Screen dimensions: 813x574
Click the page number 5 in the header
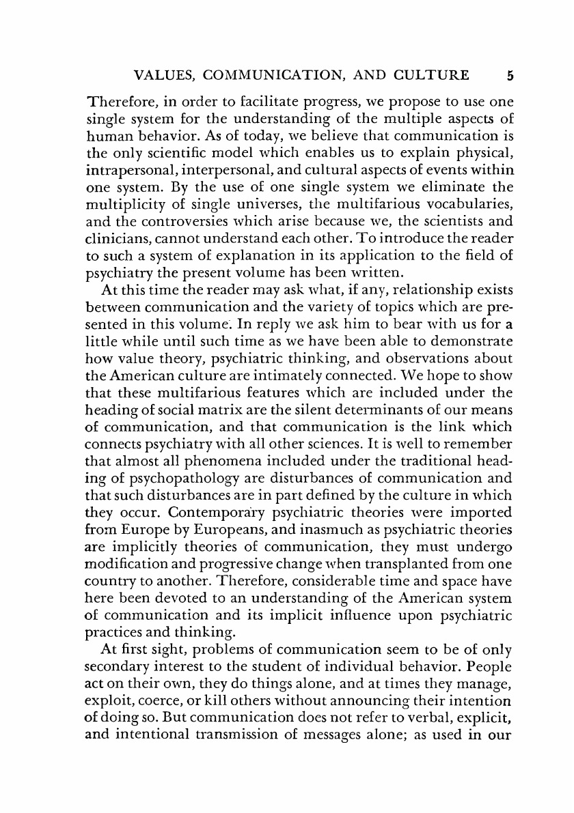pyautogui.click(x=501, y=74)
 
